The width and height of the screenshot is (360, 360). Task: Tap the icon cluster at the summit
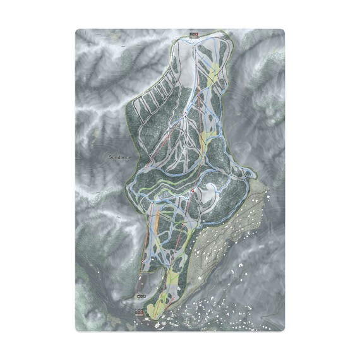pos(193,35)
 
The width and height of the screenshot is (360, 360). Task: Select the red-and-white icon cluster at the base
pos(140,311)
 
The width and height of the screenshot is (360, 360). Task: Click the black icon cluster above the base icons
pos(141,295)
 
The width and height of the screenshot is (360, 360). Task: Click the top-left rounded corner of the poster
pos(78,31)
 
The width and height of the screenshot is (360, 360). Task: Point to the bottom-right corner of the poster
pos(283,329)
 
